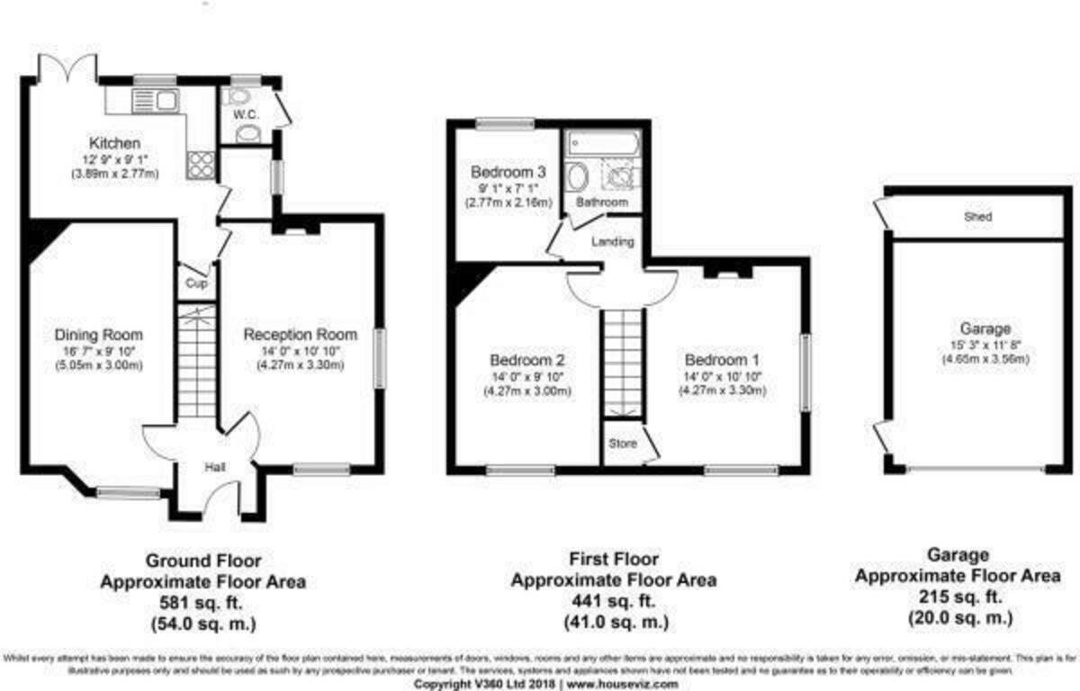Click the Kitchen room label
[114, 143]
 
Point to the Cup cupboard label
[195, 283]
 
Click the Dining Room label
[98, 336]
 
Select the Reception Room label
[300, 335]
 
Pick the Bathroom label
[602, 203]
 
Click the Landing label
[613, 242]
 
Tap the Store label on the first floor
[622, 444]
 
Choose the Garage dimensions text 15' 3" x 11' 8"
[985, 345]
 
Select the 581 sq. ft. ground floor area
[202, 602]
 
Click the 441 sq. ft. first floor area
[614, 601]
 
